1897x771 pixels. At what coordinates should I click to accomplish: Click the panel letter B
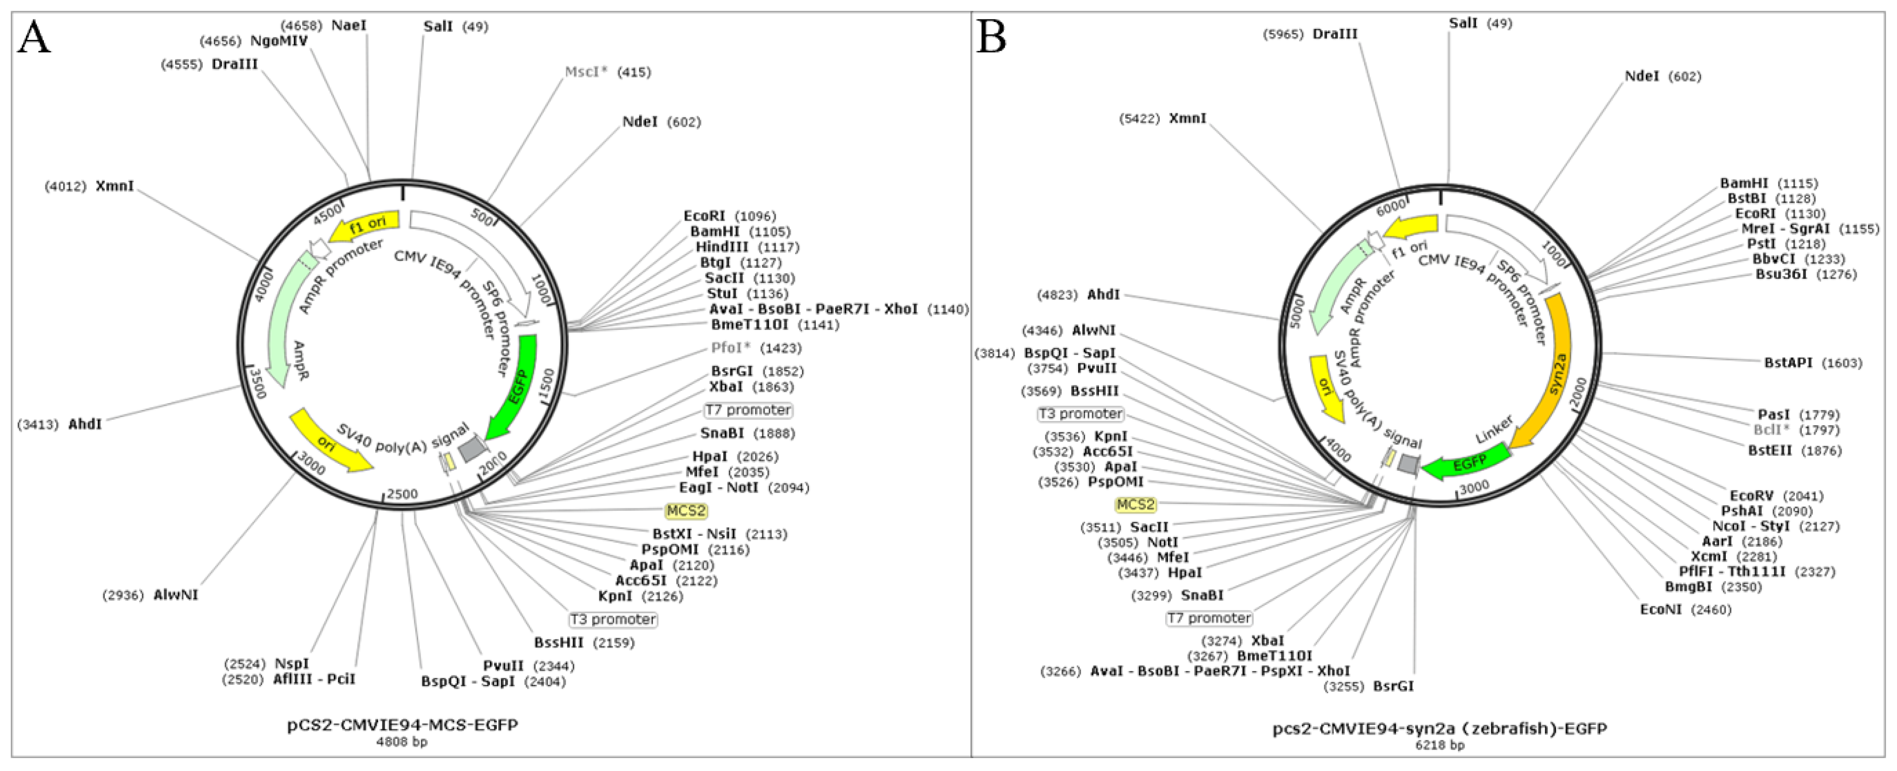coord(991,37)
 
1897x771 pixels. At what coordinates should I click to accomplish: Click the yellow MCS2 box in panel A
coord(686,510)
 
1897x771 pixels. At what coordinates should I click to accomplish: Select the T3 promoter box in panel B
coord(1080,414)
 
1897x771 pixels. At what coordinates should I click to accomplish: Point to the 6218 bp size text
coord(1440,744)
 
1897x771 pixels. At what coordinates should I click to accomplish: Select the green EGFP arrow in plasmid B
coord(1466,464)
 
